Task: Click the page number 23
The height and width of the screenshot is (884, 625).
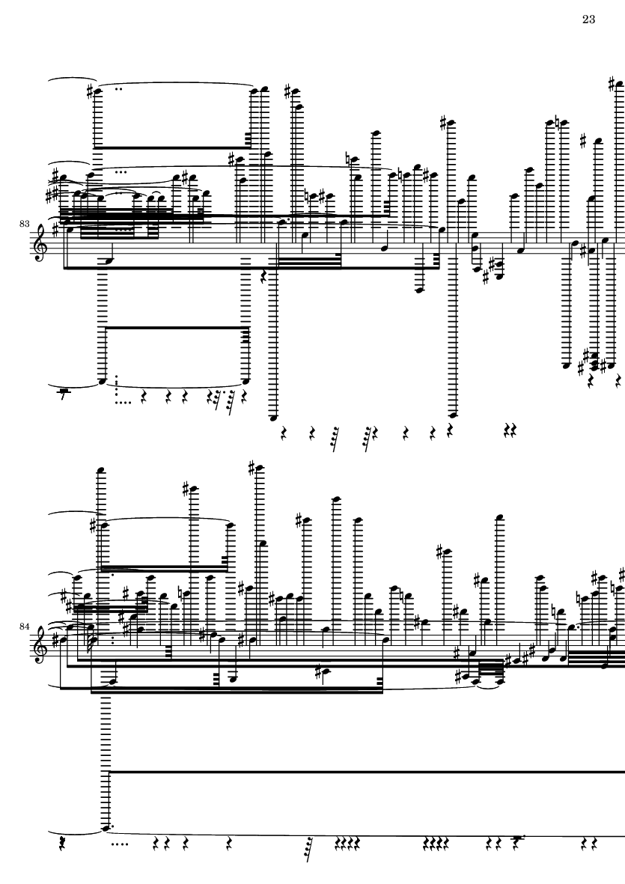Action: point(588,19)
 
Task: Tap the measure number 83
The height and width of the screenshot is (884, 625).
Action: point(24,224)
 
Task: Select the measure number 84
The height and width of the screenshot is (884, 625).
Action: point(24,627)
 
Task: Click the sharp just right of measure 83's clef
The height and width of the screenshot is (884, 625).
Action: point(55,230)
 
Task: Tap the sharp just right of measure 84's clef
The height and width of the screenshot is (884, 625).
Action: point(54,641)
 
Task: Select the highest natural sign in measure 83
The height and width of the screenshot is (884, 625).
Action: point(558,122)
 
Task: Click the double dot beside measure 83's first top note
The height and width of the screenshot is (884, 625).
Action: point(119,88)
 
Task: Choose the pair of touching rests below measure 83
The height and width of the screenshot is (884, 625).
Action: point(510,431)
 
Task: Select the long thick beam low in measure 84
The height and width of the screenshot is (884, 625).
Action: point(367,771)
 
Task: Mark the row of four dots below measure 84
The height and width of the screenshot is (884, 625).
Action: point(120,844)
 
